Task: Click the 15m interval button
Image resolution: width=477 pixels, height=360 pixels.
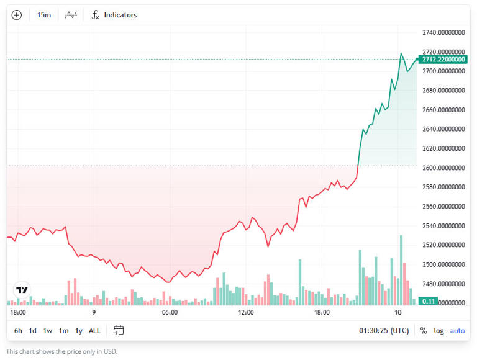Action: tap(43, 15)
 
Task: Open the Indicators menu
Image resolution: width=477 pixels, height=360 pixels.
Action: tap(114, 15)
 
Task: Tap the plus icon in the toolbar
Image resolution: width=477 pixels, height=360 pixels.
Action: tap(17, 15)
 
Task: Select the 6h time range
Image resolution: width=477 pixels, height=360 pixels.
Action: tap(18, 330)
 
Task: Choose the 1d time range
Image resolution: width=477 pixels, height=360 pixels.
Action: tap(33, 330)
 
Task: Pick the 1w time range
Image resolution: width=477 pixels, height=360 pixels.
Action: tap(48, 330)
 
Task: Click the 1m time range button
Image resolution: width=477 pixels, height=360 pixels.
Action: tap(63, 330)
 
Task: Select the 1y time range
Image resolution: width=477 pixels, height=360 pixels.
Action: tap(78, 330)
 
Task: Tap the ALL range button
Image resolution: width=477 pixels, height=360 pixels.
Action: tap(94, 330)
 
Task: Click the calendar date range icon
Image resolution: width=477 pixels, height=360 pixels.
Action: tap(119, 330)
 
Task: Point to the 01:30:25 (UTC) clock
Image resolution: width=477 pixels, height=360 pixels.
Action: tap(384, 330)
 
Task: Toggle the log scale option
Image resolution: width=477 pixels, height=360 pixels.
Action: tap(439, 330)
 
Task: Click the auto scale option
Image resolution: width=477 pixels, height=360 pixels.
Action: tap(457, 330)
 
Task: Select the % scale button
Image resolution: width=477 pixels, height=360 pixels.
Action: tap(424, 330)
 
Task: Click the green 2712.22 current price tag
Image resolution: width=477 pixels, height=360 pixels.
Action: tap(442, 60)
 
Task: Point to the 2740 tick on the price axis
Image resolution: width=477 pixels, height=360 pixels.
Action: tap(443, 32)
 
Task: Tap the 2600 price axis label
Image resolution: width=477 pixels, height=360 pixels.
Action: tap(443, 168)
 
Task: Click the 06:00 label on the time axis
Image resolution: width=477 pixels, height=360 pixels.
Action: tap(170, 312)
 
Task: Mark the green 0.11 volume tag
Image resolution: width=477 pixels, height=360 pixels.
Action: tap(429, 301)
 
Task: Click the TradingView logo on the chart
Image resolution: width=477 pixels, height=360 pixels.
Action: tap(22, 290)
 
